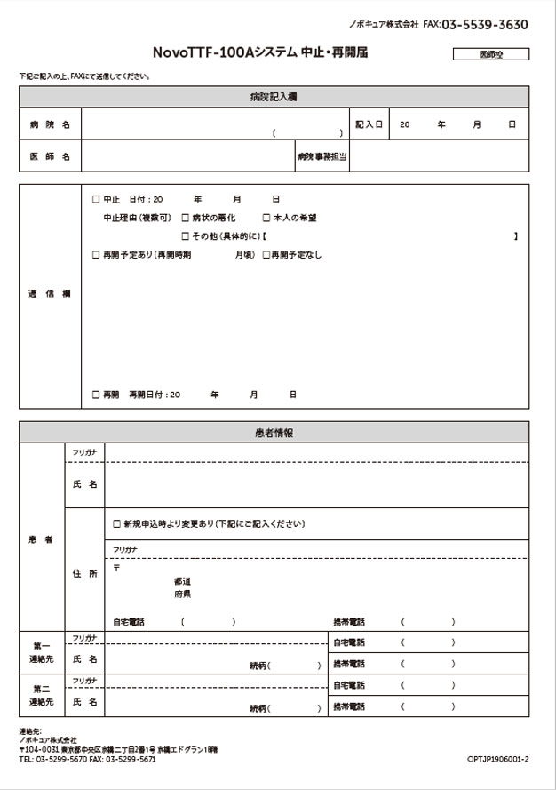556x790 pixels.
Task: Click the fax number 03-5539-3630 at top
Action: [x=484, y=25]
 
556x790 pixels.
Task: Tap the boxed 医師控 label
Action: [x=490, y=54]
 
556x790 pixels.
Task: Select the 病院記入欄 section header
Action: [x=274, y=97]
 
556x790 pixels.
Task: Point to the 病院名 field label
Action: [x=50, y=124]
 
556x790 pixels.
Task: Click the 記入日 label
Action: [x=369, y=124]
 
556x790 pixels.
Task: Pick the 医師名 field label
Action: [x=50, y=156]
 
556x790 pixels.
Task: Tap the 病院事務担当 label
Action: [x=322, y=156]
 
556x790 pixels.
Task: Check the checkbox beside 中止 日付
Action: [x=97, y=199]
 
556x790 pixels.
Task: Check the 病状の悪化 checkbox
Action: [x=185, y=218]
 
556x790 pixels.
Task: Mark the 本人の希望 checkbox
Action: [x=266, y=218]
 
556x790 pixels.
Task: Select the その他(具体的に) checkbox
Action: [x=185, y=236]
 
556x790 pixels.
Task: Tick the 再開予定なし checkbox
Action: [x=266, y=255]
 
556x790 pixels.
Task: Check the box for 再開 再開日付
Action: [x=97, y=394]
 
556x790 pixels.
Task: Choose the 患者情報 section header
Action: [x=274, y=433]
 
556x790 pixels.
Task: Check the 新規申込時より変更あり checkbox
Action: [x=116, y=523]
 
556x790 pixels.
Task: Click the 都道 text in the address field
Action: [x=182, y=581]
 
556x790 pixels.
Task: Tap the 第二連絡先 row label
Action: [x=42, y=695]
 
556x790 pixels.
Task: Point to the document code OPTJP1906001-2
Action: [x=497, y=760]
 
